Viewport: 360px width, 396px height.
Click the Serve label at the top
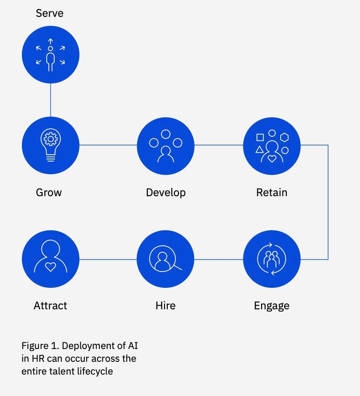click(50, 13)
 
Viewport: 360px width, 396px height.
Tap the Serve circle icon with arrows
click(51, 55)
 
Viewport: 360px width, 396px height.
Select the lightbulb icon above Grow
click(51, 146)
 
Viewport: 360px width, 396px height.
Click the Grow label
click(49, 193)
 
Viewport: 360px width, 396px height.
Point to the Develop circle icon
click(165, 146)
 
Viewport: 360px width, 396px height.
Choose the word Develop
click(165, 193)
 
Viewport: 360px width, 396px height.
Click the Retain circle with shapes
click(272, 146)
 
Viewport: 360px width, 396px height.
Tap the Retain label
click(272, 193)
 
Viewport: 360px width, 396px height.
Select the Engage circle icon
click(272, 259)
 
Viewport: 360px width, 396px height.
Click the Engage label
click(272, 306)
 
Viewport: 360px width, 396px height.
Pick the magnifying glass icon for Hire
click(165, 259)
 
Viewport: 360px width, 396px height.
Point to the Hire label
click(165, 306)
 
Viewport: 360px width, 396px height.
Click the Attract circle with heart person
click(51, 259)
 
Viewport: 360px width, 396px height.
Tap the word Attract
click(50, 306)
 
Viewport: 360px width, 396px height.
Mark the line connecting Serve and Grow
click(51, 100)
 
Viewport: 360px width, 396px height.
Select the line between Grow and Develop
click(108, 146)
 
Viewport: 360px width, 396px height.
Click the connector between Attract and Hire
click(108, 259)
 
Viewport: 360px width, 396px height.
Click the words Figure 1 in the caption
click(40, 345)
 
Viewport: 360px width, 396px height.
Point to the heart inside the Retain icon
click(272, 159)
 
